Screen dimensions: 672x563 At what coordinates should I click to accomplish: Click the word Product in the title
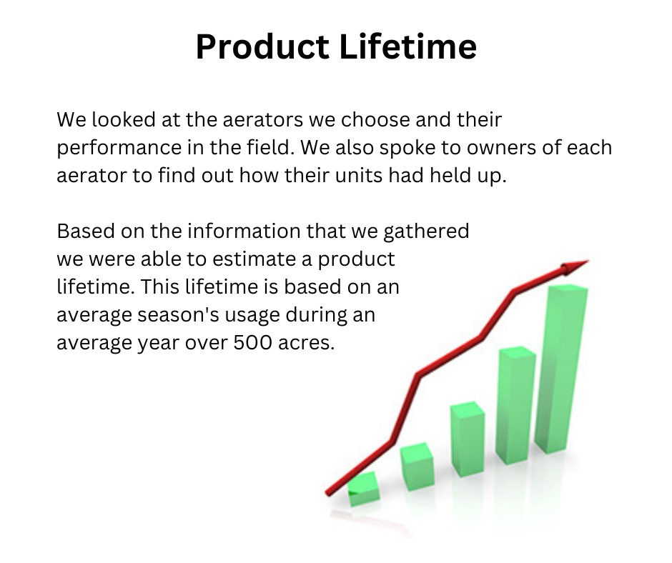pos(262,46)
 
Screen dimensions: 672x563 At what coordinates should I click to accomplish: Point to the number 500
pos(252,342)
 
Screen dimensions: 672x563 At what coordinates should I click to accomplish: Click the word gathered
pos(426,231)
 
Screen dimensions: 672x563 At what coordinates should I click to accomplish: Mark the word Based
pos(86,231)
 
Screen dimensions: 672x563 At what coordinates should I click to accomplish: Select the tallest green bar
pos(561,369)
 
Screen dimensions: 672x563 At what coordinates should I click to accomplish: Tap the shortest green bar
pos(363,489)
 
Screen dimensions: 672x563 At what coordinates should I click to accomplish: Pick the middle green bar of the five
pos(468,439)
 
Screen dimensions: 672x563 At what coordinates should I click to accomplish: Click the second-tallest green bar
pos(515,405)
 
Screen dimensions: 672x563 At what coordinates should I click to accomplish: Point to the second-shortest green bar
pos(417,467)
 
